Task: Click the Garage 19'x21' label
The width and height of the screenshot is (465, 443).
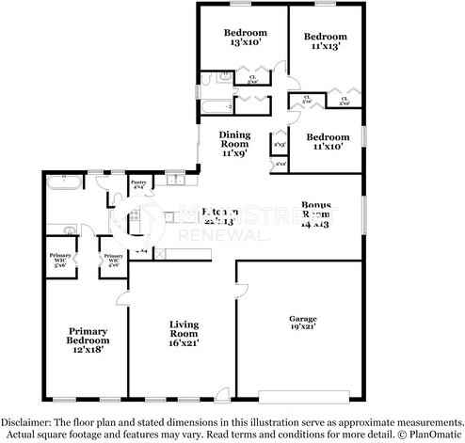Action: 302,325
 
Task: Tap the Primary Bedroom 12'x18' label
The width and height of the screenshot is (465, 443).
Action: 87,338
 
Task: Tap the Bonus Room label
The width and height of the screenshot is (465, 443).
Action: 317,214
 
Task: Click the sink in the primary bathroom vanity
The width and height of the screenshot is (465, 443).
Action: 68,229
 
